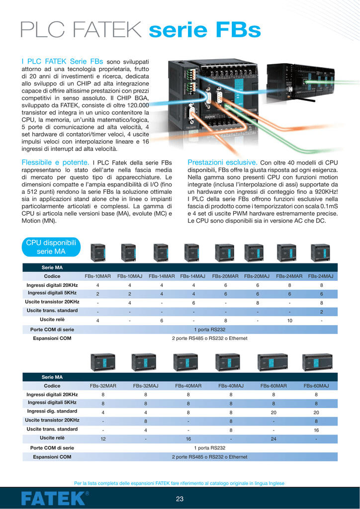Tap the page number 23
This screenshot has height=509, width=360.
pos(180,499)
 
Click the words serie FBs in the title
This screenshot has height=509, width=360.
pos(205,31)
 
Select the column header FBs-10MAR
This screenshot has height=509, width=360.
pos(97,276)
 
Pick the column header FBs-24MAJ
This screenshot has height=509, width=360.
pos(321,276)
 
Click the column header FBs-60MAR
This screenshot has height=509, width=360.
pos(273,386)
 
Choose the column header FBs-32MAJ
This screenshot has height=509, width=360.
pos(146,386)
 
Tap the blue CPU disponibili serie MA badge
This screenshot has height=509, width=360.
pos(51,247)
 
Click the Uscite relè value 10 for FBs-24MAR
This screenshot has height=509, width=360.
pos(289,321)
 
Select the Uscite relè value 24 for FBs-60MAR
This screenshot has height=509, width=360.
pos(273,439)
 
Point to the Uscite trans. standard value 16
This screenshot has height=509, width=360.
pos(316,430)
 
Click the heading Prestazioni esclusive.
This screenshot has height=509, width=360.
pos(222,162)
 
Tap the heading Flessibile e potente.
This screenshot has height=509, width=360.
pos(55,162)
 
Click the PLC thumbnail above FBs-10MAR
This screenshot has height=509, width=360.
pos(97,253)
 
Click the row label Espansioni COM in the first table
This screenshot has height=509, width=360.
pos(52,338)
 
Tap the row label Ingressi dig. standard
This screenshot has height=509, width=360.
pos(52,411)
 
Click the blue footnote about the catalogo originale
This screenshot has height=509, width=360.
pos(179,483)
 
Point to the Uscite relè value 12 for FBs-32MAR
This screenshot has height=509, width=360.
pos(103,439)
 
